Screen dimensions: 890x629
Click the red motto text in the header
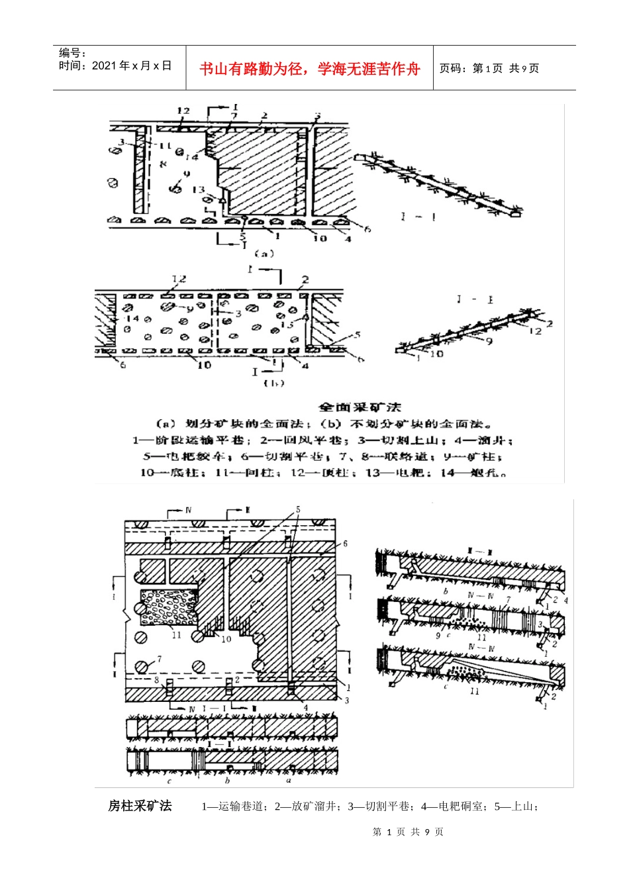(309, 69)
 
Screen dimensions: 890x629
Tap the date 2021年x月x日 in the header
(131, 66)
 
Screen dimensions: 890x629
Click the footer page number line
(408, 832)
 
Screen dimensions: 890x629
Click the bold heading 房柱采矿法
(140, 806)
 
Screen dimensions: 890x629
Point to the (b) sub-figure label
(273, 383)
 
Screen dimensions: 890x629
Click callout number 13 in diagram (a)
(199, 190)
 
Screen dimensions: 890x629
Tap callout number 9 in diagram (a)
(187, 173)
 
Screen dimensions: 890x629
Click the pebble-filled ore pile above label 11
(169, 606)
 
